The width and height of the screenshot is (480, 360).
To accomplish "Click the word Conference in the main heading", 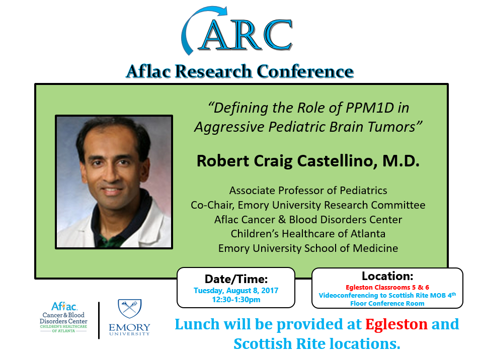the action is point(305,71).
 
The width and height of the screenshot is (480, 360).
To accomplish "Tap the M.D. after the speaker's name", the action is point(401,161).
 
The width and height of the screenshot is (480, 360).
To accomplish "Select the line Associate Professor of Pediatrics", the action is point(308,190).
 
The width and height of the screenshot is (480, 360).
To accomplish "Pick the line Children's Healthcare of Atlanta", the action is point(308,234).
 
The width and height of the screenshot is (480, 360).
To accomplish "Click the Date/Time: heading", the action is point(236,279).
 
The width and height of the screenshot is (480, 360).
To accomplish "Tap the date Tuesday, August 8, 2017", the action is point(236,290).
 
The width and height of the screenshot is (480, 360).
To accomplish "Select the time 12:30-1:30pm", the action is point(236,300).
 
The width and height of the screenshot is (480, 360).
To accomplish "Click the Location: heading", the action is point(387,276).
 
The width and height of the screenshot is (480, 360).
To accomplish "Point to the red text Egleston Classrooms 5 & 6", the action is point(387,287).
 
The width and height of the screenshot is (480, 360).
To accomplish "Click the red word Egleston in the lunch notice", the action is point(396,324).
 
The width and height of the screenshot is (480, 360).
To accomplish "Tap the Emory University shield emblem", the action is point(129,308).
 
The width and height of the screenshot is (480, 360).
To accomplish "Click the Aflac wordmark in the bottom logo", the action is point(64,307).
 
